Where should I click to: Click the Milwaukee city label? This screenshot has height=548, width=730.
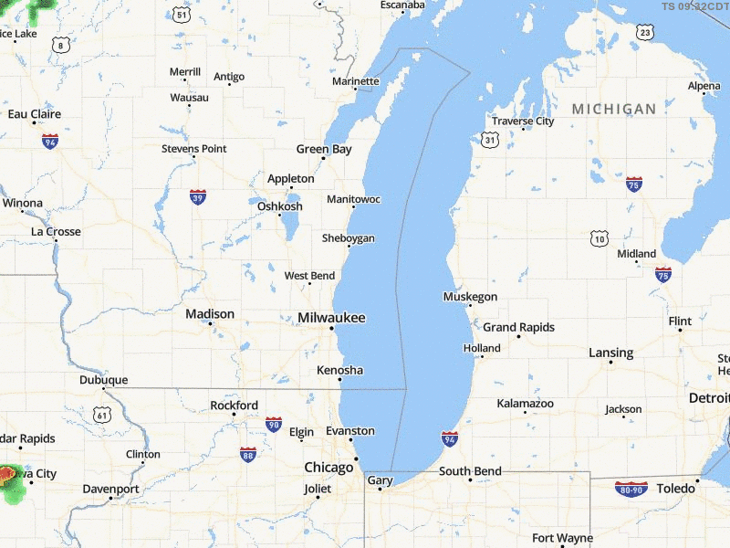pyautogui.click(x=331, y=318)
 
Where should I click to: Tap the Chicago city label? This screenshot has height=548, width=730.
pyautogui.click(x=328, y=468)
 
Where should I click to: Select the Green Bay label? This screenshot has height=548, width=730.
pyautogui.click(x=324, y=149)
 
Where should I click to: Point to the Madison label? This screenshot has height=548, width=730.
pyautogui.click(x=210, y=313)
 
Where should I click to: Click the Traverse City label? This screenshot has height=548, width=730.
pyautogui.click(x=523, y=121)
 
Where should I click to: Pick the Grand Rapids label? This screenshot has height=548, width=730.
pyautogui.click(x=518, y=327)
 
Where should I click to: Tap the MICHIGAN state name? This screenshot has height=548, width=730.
pyautogui.click(x=614, y=109)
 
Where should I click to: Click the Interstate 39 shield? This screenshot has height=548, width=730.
pyautogui.click(x=198, y=196)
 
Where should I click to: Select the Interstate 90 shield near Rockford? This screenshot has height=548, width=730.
pyautogui.click(x=274, y=424)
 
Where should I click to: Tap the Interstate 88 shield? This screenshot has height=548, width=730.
pyautogui.click(x=248, y=454)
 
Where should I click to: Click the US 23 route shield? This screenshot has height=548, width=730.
pyautogui.click(x=646, y=33)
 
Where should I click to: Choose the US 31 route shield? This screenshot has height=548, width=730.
pyautogui.click(x=491, y=140)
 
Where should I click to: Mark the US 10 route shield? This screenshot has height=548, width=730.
pyautogui.click(x=599, y=238)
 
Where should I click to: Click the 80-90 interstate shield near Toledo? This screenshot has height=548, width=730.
pyautogui.click(x=631, y=489)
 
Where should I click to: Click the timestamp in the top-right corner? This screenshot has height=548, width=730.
pyautogui.click(x=695, y=6)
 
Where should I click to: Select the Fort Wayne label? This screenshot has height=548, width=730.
pyautogui.click(x=562, y=539)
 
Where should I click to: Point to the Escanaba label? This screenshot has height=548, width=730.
pyautogui.click(x=403, y=5)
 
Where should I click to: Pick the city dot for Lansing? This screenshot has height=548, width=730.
pyautogui.click(x=611, y=363)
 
